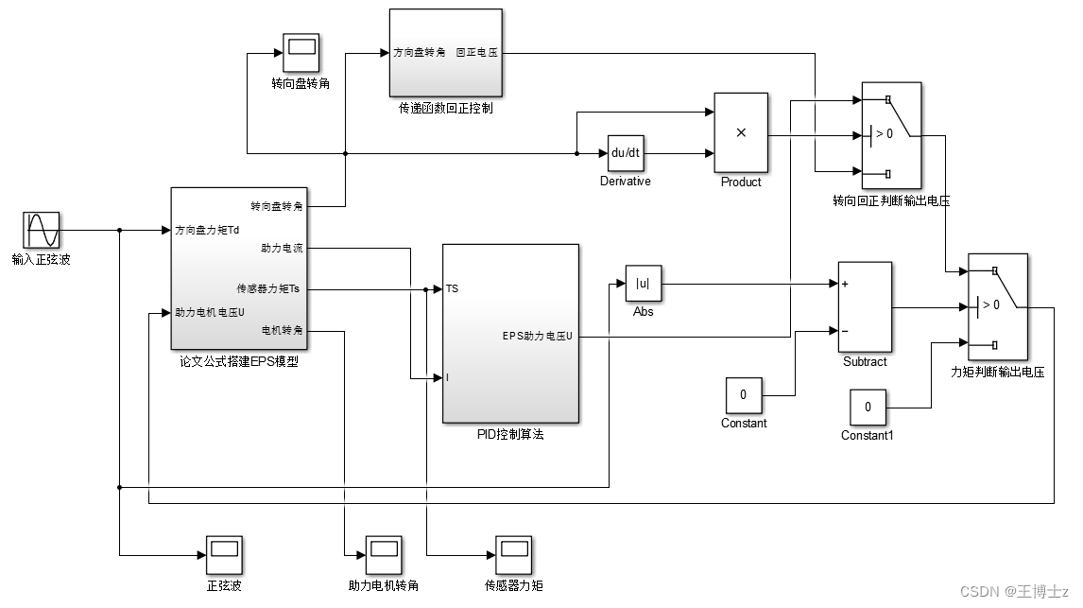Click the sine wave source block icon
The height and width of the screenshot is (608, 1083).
click(42, 230)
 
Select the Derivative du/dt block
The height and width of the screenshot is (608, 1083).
click(625, 153)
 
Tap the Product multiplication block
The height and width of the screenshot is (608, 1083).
click(740, 132)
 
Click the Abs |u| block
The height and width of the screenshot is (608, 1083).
click(643, 283)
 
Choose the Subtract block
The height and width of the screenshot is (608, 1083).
click(865, 306)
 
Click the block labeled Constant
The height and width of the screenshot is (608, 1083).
click(744, 394)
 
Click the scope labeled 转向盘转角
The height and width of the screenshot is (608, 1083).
click(301, 52)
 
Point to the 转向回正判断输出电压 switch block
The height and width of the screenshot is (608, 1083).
click(891, 134)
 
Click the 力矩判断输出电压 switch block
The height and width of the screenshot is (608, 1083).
click(997, 305)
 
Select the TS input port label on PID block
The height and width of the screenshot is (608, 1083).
click(453, 288)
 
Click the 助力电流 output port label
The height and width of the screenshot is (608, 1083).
click(282, 248)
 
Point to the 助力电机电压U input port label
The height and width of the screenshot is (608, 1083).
click(210, 312)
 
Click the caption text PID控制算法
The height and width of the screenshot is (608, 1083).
click(510, 435)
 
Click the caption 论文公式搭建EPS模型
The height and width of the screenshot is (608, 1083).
click(238, 362)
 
